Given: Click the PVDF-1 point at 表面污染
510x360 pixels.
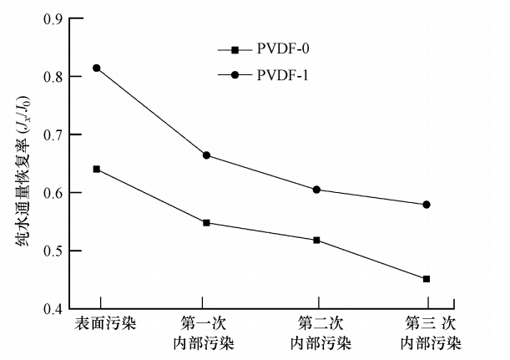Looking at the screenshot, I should (x=96, y=68).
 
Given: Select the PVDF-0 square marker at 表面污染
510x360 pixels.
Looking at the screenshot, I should (x=97, y=169).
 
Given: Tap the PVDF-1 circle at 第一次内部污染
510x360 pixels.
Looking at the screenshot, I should (x=206, y=155).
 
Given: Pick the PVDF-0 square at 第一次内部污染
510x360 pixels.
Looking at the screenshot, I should (x=206, y=223).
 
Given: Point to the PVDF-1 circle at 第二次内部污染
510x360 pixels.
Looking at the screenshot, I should (x=317, y=190).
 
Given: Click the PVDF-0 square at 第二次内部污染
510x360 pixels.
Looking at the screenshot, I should (x=317, y=240).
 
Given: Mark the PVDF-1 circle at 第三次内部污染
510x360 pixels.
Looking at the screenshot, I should (x=427, y=205).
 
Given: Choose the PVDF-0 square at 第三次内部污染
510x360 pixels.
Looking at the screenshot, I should (x=427, y=279).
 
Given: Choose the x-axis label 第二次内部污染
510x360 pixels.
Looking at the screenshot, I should (x=321, y=332).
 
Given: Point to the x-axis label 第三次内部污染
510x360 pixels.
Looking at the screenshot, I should (x=431, y=332).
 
